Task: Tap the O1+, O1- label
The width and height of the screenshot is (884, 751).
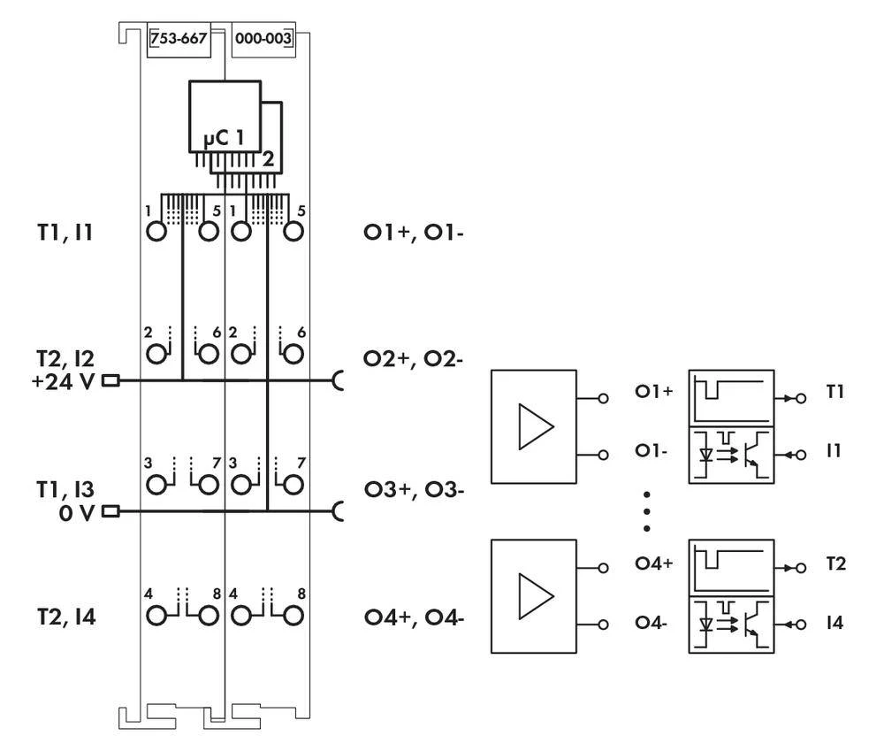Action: tap(414, 234)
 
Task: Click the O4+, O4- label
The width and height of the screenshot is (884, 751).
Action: tap(414, 617)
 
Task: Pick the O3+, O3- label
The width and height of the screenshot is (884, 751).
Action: tap(414, 489)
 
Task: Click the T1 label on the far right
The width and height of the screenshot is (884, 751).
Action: tap(834, 392)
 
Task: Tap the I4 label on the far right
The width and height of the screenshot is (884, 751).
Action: tap(834, 624)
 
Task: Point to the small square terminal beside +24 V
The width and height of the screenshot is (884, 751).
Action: tap(110, 382)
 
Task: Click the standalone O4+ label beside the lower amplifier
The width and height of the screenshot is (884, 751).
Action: tap(654, 563)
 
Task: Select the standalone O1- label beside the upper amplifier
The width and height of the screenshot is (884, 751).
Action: tap(652, 450)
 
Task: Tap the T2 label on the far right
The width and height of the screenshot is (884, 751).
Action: tap(834, 563)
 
